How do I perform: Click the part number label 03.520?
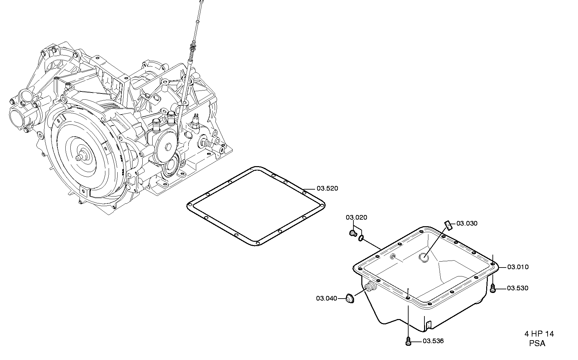[x=327, y=189]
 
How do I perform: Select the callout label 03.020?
[x=356, y=217]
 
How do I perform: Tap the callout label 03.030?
[x=467, y=224]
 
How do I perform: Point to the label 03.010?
[x=518, y=267]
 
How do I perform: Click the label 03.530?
[x=518, y=288]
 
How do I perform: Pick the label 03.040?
[x=327, y=299]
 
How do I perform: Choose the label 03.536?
[x=433, y=341]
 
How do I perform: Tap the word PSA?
[x=537, y=343]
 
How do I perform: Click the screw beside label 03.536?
[x=409, y=341]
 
